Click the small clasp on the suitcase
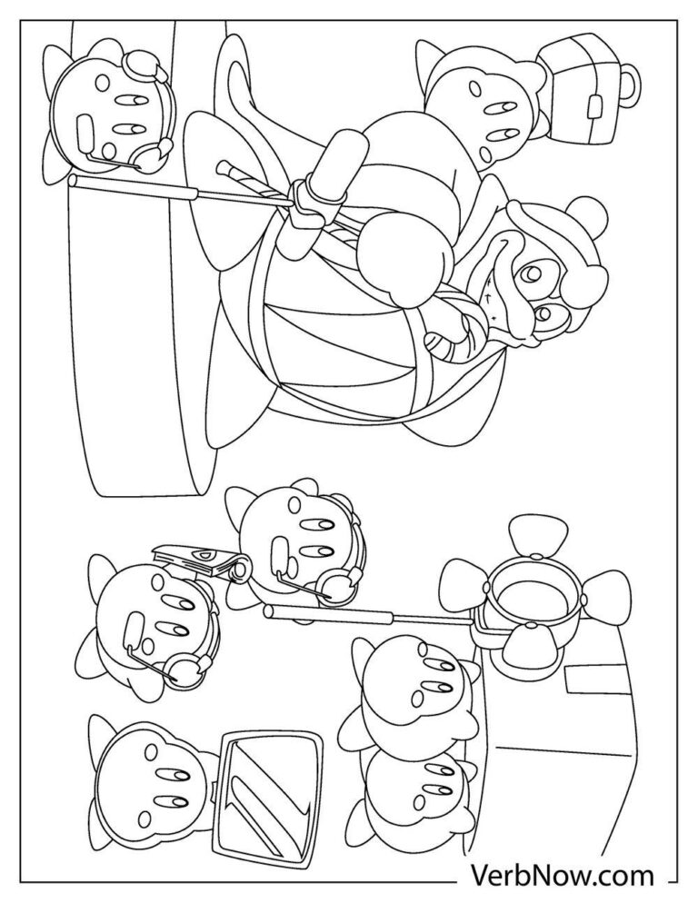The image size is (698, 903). coord(594,107)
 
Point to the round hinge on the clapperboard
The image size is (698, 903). coord(240,569)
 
